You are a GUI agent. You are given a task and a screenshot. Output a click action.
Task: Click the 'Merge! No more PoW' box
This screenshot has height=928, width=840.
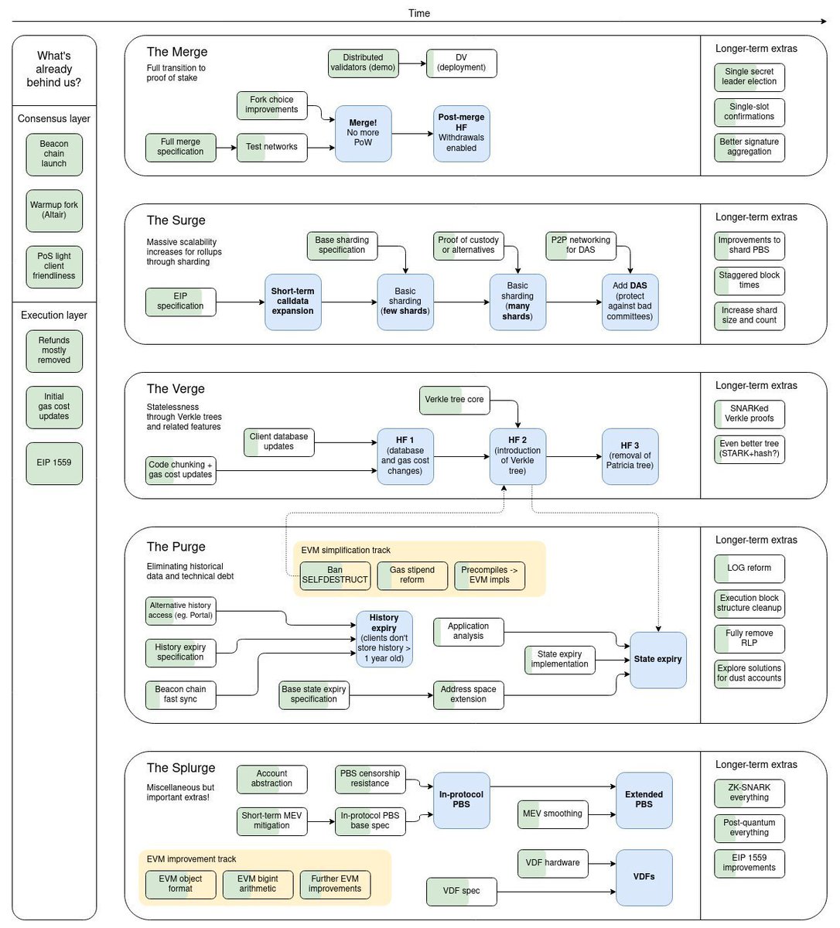363,133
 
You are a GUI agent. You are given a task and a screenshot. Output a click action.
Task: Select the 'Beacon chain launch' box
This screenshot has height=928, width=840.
54,154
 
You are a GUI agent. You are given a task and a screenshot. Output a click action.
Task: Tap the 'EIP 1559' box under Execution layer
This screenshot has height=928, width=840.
54,462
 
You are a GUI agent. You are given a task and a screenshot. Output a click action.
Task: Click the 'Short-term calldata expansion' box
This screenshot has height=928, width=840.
292,302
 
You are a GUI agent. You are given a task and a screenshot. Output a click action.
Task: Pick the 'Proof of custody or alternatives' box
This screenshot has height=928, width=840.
468,245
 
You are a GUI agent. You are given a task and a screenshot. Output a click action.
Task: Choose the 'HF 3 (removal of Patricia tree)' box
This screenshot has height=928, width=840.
630,456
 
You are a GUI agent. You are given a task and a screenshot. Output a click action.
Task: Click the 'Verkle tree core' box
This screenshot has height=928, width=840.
454,400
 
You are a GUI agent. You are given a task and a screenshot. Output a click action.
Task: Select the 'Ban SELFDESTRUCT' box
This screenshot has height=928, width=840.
335,575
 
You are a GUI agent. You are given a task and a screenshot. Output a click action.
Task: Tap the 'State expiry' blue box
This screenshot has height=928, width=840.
657,660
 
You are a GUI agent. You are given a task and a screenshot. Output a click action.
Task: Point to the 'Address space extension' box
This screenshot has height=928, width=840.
468,694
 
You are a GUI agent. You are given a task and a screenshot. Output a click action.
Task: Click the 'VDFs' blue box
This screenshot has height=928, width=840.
644,877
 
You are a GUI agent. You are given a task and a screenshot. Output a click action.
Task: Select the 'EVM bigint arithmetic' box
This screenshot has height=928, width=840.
258,884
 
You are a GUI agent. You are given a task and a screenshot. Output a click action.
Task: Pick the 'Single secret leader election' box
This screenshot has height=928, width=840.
749,77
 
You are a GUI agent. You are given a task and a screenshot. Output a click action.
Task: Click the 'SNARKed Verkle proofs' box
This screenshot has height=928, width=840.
749,414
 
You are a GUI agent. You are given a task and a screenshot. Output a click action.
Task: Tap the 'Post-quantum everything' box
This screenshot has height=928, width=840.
749,828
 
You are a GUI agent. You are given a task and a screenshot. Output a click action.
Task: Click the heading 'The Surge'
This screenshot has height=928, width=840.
176,220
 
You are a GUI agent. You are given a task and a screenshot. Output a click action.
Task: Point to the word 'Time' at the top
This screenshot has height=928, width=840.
419,13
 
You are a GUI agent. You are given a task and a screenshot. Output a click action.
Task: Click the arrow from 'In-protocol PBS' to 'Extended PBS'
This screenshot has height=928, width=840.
552,787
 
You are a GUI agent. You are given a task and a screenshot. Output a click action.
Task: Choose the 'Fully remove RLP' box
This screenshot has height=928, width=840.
749,638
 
